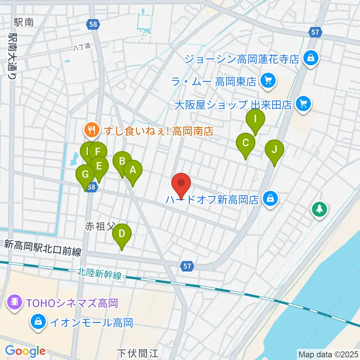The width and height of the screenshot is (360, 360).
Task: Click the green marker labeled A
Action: [133, 171]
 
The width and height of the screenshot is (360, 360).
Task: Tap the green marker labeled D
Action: [122, 234]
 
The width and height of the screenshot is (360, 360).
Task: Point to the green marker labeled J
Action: [274, 150]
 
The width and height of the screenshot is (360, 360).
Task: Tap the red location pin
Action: [181, 184]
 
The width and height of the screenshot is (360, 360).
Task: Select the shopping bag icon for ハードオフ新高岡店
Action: [270, 199]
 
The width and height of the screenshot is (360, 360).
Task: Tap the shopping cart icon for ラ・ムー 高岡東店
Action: [267, 80]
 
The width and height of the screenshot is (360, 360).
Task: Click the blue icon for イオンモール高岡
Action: [38, 322]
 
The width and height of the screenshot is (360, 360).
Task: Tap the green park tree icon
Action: [319, 209]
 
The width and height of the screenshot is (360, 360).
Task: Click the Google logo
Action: [25, 351]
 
